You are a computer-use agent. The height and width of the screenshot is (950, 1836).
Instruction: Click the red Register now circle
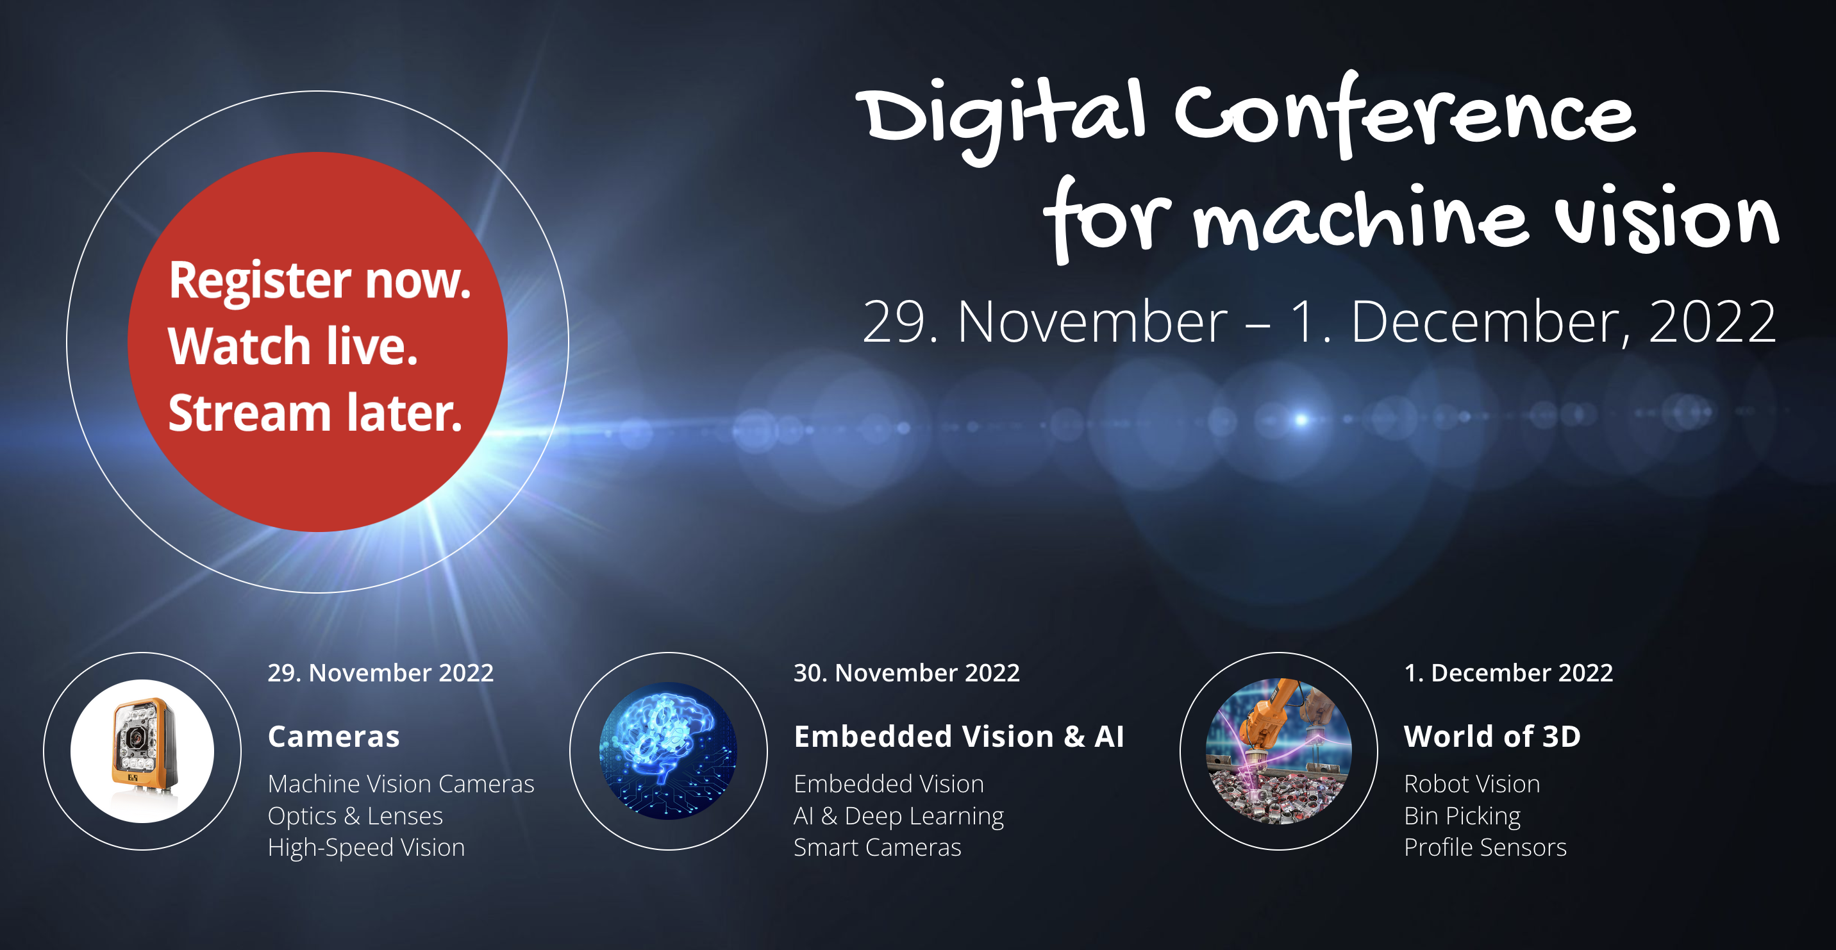[x=317, y=342]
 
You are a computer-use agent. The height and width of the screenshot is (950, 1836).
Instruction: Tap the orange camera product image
[x=142, y=751]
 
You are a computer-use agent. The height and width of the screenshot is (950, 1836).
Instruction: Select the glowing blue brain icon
[x=669, y=751]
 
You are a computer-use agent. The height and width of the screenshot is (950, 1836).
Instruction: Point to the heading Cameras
[x=333, y=736]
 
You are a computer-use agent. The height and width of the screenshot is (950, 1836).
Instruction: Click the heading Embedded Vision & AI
[x=958, y=736]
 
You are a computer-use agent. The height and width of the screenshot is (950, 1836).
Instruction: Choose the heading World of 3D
[x=1492, y=736]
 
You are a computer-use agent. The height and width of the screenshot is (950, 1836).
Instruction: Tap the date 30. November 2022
[x=906, y=673]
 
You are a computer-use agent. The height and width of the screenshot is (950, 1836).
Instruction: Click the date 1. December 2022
[x=1508, y=673]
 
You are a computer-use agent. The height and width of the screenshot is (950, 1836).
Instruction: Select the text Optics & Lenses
[x=355, y=815]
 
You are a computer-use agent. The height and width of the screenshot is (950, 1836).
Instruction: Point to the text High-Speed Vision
[x=366, y=847]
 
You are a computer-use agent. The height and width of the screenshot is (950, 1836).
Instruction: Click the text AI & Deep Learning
[x=899, y=816]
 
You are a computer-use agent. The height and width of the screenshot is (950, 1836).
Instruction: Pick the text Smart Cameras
[x=878, y=847]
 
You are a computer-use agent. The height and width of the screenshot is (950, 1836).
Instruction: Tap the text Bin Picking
[x=1462, y=816]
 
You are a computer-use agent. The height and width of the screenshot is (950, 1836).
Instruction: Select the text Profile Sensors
[x=1485, y=847]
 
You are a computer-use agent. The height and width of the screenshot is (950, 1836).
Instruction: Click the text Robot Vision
[x=1472, y=784]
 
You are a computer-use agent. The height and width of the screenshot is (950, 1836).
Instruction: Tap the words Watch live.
[x=293, y=346]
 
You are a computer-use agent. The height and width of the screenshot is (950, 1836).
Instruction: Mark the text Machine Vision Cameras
[x=401, y=784]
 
